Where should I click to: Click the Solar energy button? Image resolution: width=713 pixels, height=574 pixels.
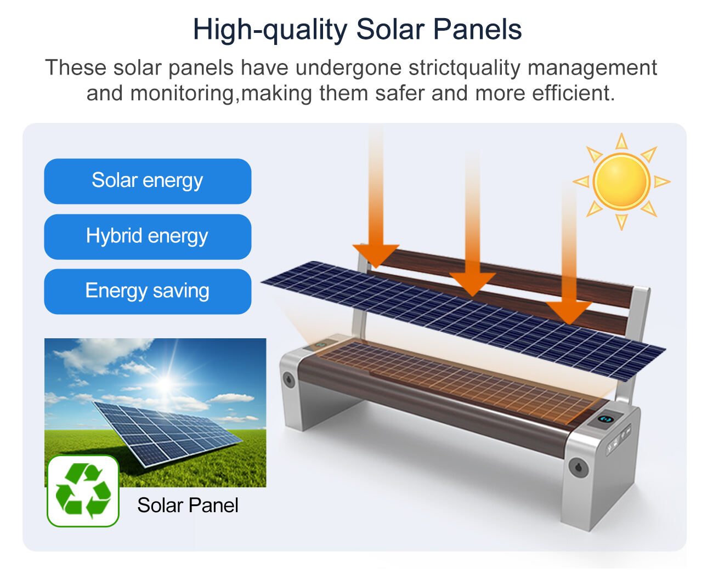[x=148, y=181]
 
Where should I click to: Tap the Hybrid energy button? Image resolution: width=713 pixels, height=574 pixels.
[x=148, y=236]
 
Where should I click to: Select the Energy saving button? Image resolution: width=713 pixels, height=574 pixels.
[x=148, y=292]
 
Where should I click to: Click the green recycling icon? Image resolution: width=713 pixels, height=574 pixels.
[x=83, y=491]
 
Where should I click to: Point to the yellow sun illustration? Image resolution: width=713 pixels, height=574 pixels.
[x=621, y=181]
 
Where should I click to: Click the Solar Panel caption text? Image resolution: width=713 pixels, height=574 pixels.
[x=188, y=505]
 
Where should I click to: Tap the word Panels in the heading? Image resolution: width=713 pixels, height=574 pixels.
[x=477, y=30]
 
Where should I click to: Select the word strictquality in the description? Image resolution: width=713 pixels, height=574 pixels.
[x=465, y=68]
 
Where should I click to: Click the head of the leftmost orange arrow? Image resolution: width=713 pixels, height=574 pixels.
[x=376, y=255]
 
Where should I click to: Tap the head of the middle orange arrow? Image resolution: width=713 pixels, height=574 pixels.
[x=472, y=284]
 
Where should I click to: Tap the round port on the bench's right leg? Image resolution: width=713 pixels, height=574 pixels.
[x=579, y=467]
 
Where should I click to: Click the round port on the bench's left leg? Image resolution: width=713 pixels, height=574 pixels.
[x=289, y=379]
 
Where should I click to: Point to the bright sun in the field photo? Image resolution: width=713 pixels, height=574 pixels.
[x=165, y=384]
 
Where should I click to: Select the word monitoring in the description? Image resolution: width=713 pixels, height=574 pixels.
[x=182, y=94]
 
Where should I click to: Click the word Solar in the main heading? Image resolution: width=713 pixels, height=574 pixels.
[x=391, y=30]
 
